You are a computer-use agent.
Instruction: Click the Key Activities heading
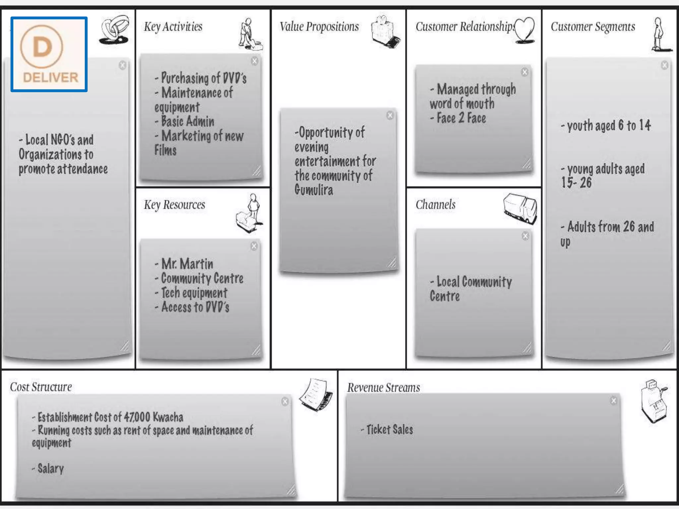click(x=173, y=27)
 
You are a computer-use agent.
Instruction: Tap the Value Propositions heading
click(x=319, y=27)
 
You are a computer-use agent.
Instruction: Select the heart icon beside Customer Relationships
click(x=525, y=30)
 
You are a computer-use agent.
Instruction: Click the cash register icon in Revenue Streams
click(x=653, y=401)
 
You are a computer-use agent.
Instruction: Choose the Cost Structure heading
click(x=41, y=387)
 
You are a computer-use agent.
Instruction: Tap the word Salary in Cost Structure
click(x=50, y=469)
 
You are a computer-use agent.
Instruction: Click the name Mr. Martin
click(x=187, y=264)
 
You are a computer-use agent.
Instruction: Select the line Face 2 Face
click(x=461, y=118)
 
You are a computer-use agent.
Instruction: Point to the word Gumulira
click(x=314, y=190)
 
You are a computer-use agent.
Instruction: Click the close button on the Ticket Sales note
click(x=614, y=401)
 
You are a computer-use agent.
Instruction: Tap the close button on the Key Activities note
click(x=254, y=61)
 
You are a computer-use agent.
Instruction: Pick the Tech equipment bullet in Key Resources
click(x=194, y=293)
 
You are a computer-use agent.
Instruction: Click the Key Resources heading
click(x=174, y=205)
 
